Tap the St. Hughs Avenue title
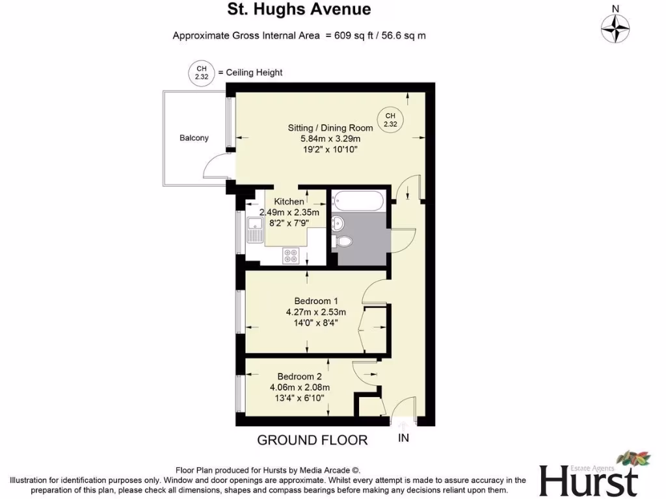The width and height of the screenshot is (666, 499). (x=299, y=9)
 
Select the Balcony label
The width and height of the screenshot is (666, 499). (x=194, y=138)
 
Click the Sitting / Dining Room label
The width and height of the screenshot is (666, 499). (x=330, y=128)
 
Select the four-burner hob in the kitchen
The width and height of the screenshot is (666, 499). (x=291, y=257)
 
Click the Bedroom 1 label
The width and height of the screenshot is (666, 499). (x=316, y=301)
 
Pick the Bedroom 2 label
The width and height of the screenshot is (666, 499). (x=299, y=376)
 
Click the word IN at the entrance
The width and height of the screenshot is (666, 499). (x=403, y=438)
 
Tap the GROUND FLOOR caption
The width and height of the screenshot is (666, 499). (x=312, y=440)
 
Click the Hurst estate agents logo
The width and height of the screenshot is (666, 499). (x=589, y=476)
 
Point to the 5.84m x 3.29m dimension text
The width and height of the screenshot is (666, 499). (x=330, y=139)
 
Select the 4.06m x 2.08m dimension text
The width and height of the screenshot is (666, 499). (x=299, y=387)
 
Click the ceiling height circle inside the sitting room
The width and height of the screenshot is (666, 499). (x=390, y=120)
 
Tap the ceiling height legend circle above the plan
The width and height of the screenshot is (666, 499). (x=198, y=72)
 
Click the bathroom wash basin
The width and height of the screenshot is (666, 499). (x=337, y=224)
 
